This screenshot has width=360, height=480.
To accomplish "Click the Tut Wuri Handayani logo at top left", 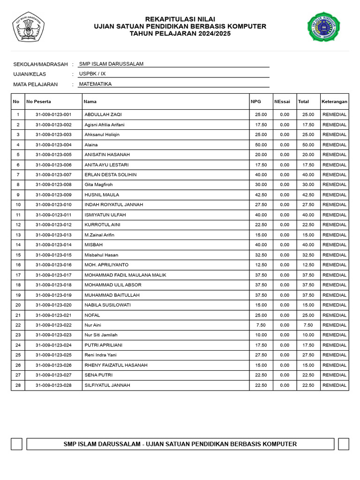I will (28, 27).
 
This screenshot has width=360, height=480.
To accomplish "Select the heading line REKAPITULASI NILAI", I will (180, 19).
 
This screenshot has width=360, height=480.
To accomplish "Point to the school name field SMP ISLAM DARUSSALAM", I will (111, 64).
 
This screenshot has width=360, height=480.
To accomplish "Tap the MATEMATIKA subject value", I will (95, 84).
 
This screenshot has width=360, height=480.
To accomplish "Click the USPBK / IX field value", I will (92, 74).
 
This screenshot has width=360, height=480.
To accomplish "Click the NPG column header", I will (255, 101).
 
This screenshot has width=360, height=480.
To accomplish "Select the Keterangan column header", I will (334, 101).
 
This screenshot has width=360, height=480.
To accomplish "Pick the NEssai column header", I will (282, 101).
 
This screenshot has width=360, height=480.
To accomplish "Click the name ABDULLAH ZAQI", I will (103, 114).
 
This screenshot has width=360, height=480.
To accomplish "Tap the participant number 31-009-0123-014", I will (53, 245).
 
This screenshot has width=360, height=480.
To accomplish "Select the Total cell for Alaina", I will (308, 145).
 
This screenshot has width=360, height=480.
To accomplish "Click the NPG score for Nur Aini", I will (261, 325).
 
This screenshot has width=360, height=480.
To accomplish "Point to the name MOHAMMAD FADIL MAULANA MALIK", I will (125, 275).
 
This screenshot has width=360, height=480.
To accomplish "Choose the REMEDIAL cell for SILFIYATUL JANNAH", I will (334, 385).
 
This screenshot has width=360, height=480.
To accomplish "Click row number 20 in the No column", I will (18, 305).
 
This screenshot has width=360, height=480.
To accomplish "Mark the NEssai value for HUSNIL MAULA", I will (285, 195).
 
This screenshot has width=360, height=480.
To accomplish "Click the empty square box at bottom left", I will (16, 444).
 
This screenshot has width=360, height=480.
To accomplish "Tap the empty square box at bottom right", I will (344, 444).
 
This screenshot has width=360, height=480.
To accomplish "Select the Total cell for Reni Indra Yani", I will (308, 355).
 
